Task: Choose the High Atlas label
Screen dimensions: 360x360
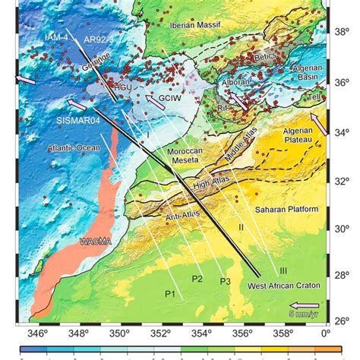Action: tap(211, 184)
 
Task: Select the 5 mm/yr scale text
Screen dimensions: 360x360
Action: tap(303, 313)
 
